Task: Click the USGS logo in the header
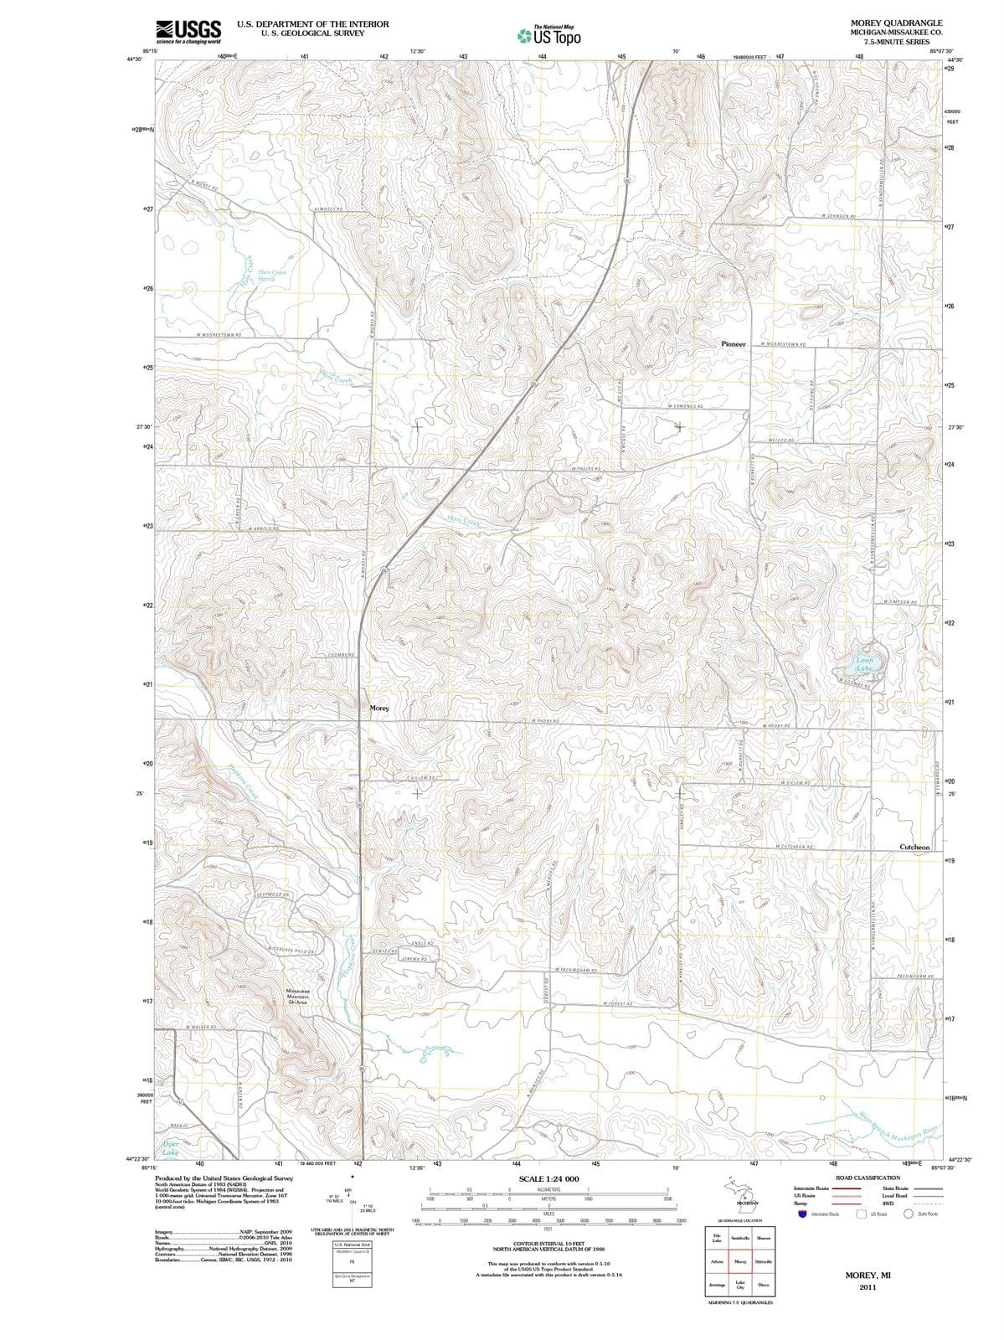click(x=188, y=32)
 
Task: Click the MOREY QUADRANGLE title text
click(x=896, y=23)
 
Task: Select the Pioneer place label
click(x=733, y=344)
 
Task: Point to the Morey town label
click(x=379, y=709)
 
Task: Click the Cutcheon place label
click(x=914, y=848)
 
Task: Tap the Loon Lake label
click(x=864, y=665)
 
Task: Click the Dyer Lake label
click(x=170, y=1148)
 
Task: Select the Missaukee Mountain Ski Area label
click(x=298, y=996)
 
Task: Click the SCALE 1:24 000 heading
click(x=548, y=1178)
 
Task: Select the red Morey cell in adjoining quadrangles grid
click(x=740, y=1261)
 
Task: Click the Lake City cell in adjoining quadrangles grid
click(x=740, y=1286)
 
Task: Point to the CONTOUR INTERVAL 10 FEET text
click(x=548, y=1243)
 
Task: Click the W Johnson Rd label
click(x=837, y=216)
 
